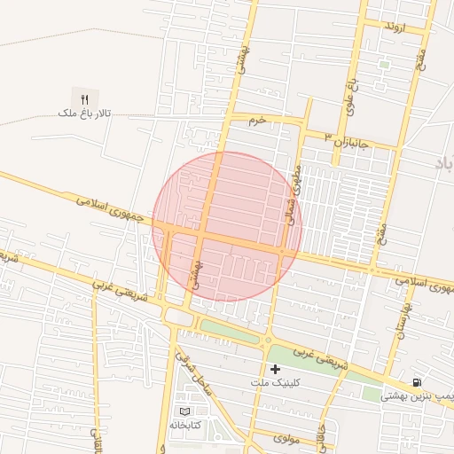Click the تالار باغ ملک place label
point(82,114)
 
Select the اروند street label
point(394,27)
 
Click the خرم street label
point(257,121)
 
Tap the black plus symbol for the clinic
point(275,369)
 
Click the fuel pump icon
point(417,382)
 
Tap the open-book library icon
point(184,411)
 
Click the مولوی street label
point(288,438)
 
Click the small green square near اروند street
point(384,64)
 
